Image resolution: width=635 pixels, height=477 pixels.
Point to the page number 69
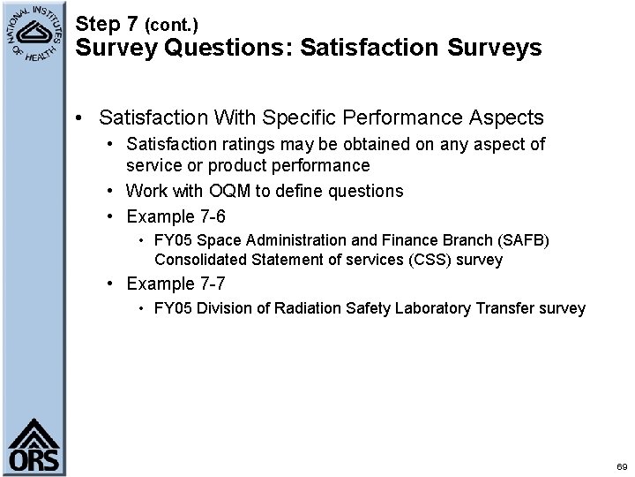[x=622, y=466]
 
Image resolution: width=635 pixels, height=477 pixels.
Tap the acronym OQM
[x=228, y=191]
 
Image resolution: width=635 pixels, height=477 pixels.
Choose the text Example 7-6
[x=176, y=216]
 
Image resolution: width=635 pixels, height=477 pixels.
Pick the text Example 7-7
[x=176, y=284]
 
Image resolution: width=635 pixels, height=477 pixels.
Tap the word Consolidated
[x=200, y=260]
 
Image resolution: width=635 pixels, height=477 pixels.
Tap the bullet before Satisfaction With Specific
[x=80, y=117]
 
